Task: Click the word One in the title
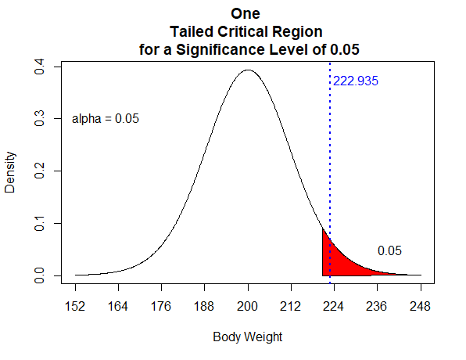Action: point(246,13)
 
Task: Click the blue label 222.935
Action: point(356,81)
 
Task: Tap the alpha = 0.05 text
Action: point(106,119)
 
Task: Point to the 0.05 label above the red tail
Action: point(389,251)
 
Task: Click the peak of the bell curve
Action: point(248,70)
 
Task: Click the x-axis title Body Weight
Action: point(247,338)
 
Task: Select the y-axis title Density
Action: point(10,172)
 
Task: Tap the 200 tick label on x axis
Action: point(248,306)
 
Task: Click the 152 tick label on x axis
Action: point(76,306)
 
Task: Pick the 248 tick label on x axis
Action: point(421,306)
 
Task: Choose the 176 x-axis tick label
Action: point(162,306)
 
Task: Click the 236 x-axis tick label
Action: point(378,306)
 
